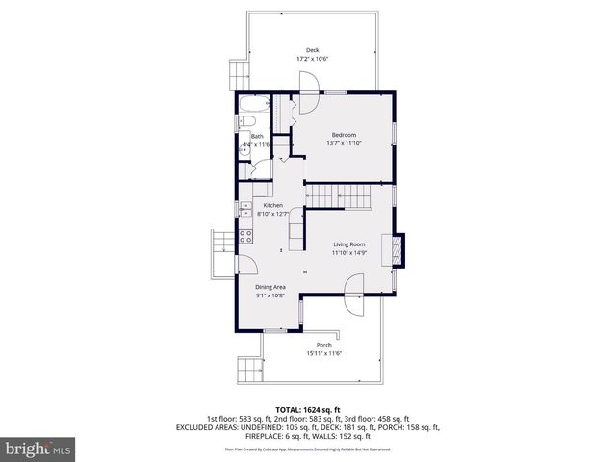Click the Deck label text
(312, 50)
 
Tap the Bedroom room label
(344, 134)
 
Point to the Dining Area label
(269, 287)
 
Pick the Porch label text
(324, 345)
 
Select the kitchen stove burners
(244, 234)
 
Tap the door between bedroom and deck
(307, 104)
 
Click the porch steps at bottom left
(248, 368)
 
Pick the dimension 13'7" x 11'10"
(344, 143)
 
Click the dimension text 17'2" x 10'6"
(312, 60)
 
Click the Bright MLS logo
(38, 449)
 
